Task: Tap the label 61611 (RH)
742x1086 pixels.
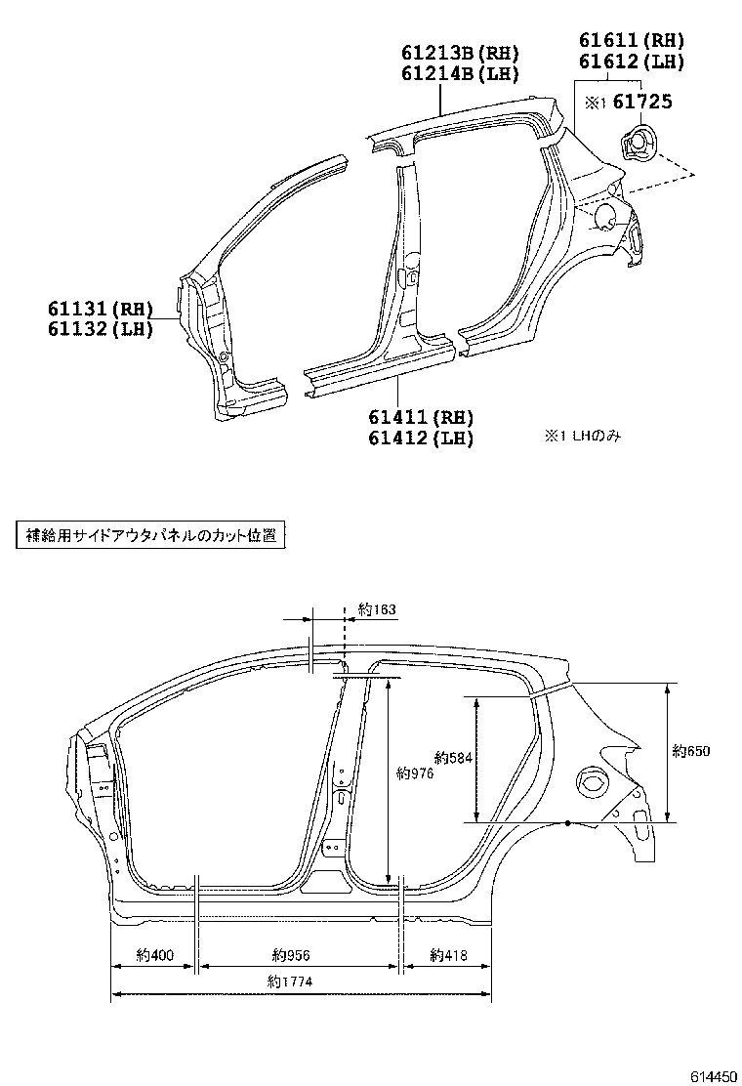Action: [631, 40]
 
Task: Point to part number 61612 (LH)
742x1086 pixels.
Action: [631, 61]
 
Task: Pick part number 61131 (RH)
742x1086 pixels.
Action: [101, 309]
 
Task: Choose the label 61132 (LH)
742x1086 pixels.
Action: [101, 329]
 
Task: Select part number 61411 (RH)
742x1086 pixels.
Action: [421, 418]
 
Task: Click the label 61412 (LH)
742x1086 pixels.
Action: [421, 439]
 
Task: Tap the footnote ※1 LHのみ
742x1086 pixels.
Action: [582, 437]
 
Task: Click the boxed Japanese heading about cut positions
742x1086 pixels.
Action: [149, 535]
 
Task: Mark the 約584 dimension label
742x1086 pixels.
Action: [452, 757]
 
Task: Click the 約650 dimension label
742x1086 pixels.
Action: [691, 751]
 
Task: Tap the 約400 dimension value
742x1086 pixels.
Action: [154, 954]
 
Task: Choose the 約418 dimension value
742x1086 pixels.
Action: [448, 954]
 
